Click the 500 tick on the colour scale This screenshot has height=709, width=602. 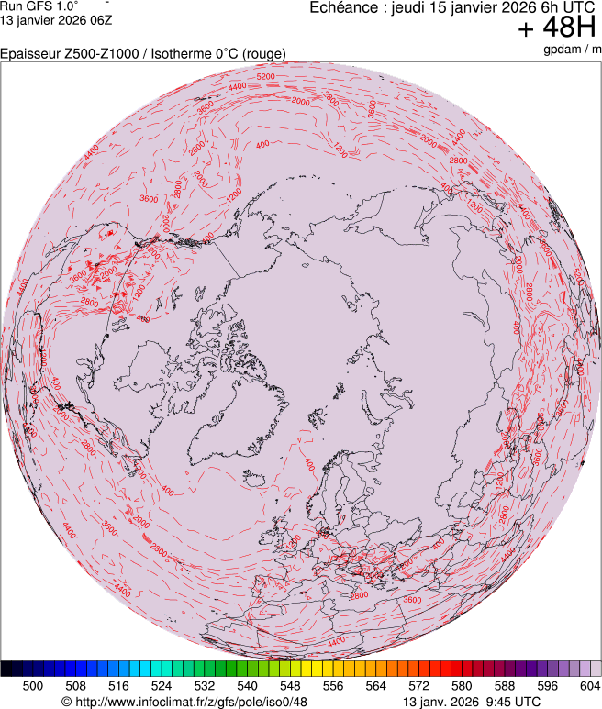click(x=33, y=685)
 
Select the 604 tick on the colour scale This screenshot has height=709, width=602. click(x=590, y=685)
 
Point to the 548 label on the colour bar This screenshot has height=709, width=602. click(x=290, y=685)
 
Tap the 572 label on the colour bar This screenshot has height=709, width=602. click(x=418, y=685)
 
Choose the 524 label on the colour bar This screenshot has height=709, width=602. click(x=162, y=685)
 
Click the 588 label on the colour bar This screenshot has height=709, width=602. click(x=505, y=685)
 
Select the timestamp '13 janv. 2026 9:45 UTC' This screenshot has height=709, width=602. click(x=473, y=702)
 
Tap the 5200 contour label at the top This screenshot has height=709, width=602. click(x=265, y=77)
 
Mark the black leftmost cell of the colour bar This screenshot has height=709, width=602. click(x=6, y=669)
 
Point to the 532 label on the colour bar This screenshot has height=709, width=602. click(x=205, y=685)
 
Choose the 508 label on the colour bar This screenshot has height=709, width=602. click(x=76, y=685)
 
